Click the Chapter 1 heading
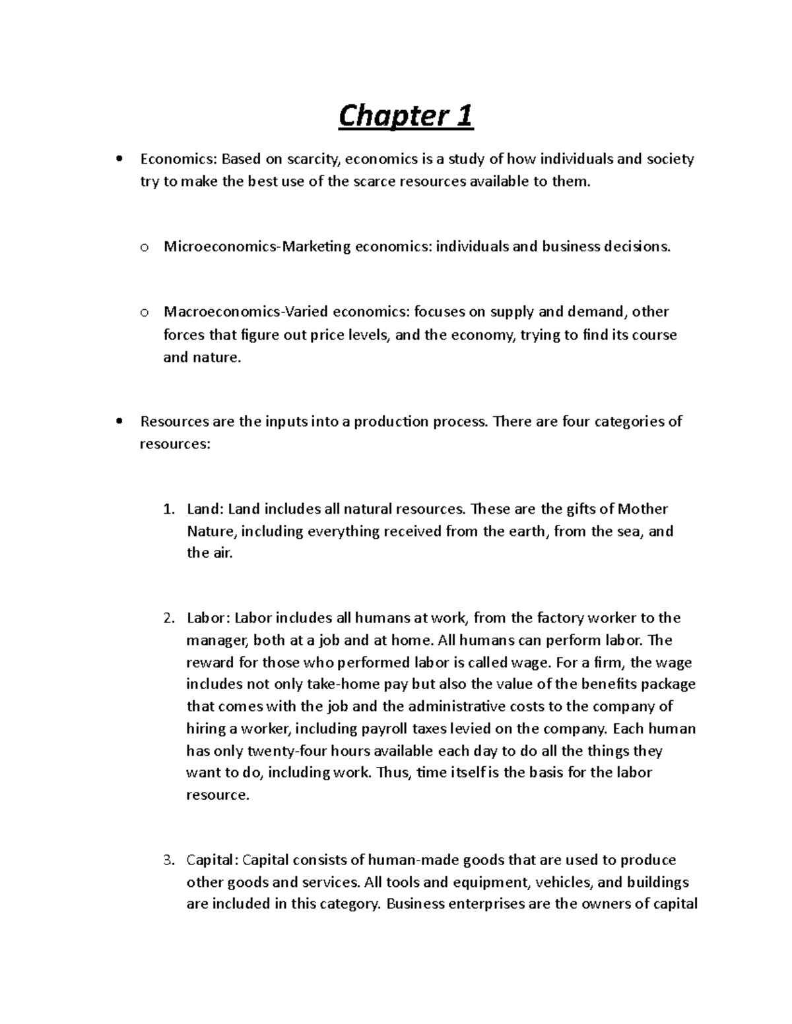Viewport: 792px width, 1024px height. (x=405, y=117)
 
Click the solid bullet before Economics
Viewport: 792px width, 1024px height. (x=119, y=159)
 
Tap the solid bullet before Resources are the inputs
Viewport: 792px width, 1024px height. (x=119, y=421)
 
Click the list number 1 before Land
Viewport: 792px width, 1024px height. (x=168, y=509)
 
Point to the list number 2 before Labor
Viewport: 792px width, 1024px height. (x=168, y=618)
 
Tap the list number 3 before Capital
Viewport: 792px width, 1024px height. (x=168, y=860)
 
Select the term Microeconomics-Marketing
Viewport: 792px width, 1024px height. (x=257, y=247)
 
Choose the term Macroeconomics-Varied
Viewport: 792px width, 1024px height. (x=245, y=312)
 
